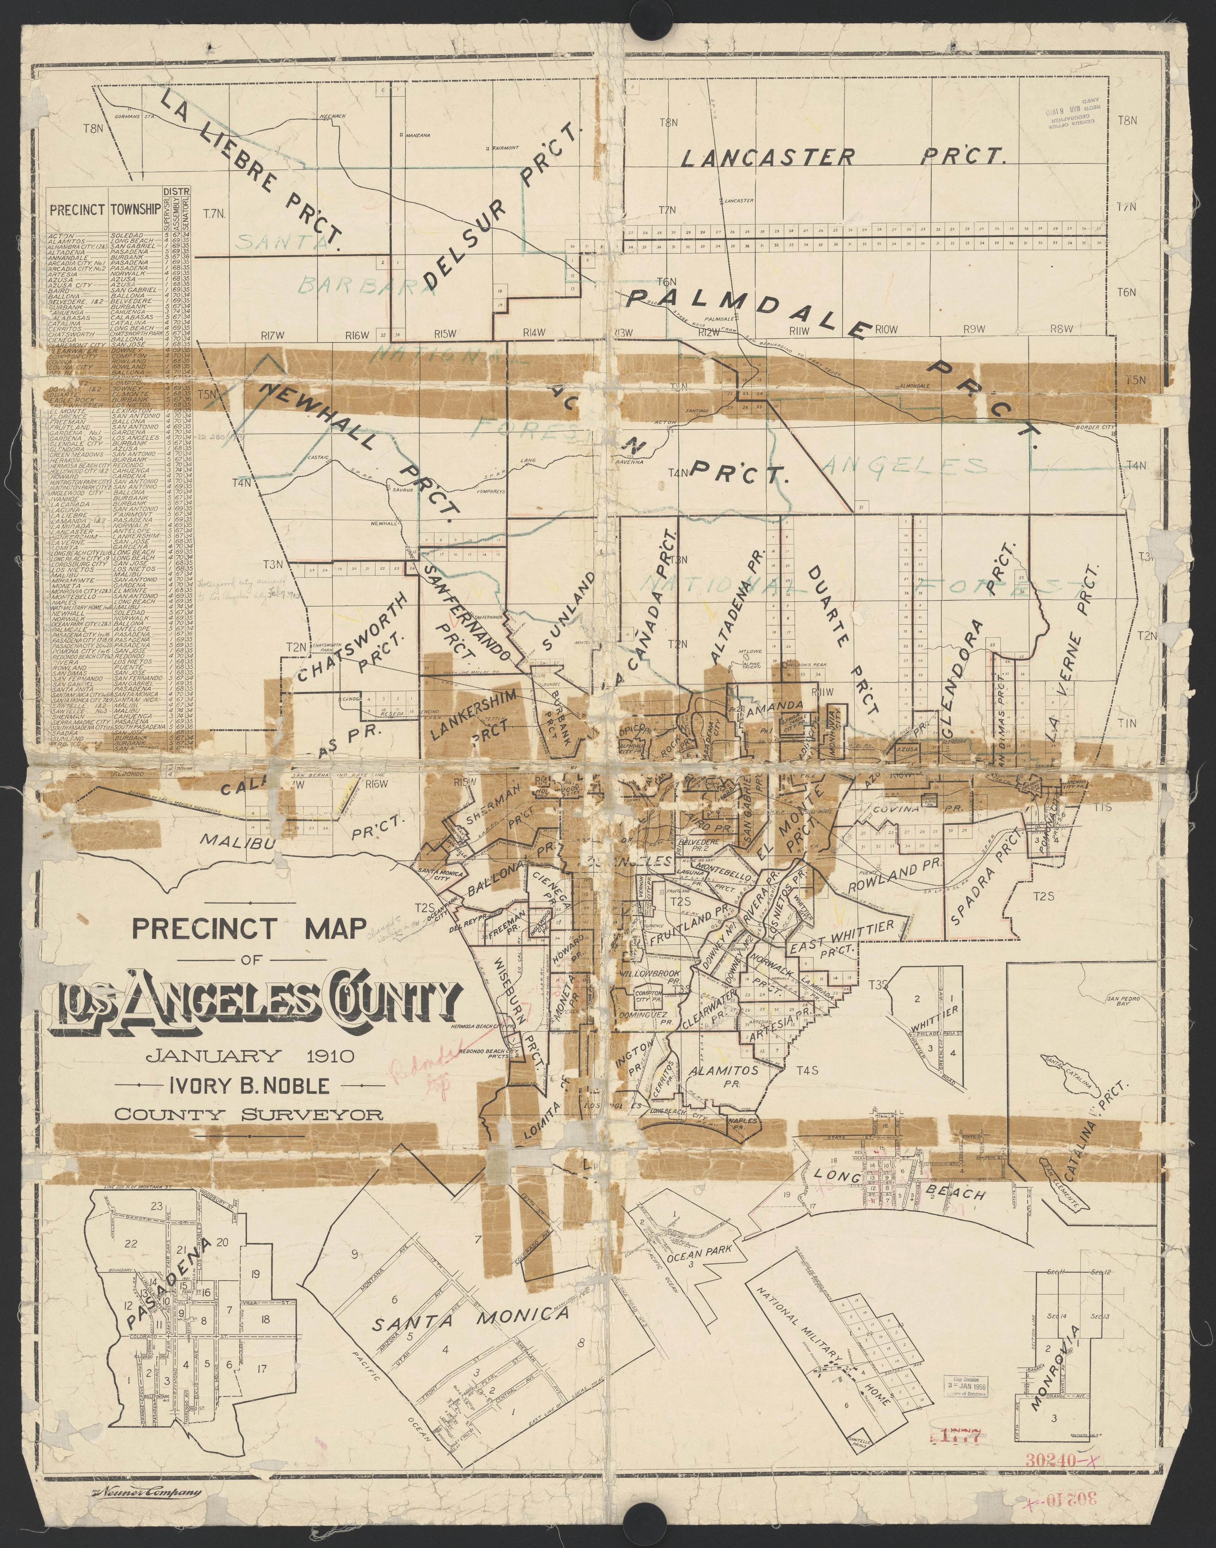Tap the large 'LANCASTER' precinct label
[767, 157]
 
